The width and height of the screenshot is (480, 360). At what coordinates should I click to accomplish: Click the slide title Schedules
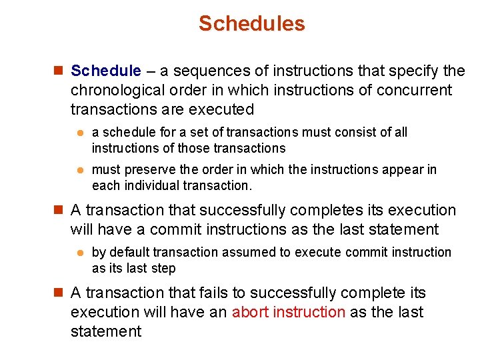tap(251, 24)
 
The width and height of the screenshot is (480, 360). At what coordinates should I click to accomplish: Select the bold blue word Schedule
tap(106, 71)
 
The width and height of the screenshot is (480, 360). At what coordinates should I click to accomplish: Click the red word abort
tap(250, 312)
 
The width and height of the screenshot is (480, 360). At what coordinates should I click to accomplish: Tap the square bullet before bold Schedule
tap(58, 71)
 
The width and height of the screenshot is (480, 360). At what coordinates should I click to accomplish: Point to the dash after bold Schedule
tap(152, 71)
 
